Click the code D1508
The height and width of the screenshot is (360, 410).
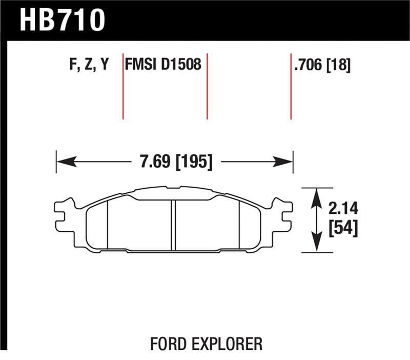click(180, 65)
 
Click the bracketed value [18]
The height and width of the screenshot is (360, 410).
click(339, 65)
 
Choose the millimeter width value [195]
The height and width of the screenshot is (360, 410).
click(194, 162)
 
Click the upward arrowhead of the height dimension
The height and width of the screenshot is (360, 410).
click(318, 195)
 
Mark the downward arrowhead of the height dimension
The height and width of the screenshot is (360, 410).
click(318, 245)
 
